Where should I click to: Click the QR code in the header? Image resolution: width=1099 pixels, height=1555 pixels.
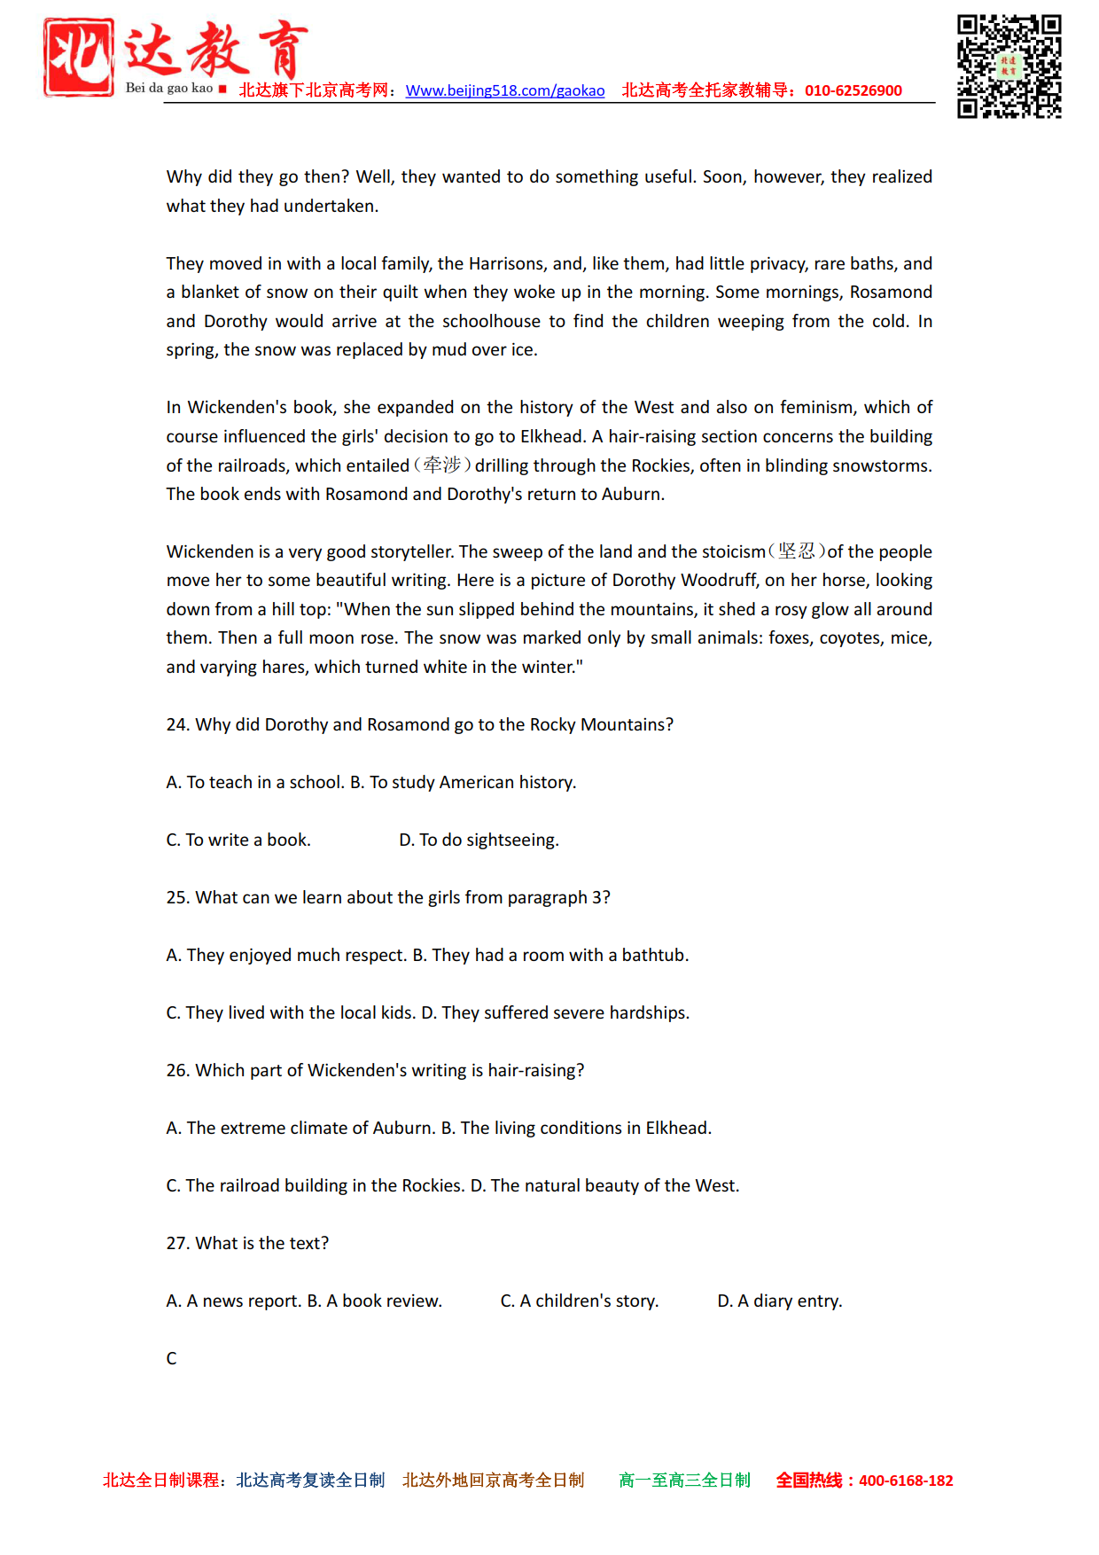[1009, 66]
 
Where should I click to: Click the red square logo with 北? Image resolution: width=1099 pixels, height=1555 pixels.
[79, 57]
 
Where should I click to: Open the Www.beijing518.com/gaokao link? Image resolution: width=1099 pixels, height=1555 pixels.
[504, 90]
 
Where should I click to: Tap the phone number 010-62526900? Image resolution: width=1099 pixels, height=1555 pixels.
[853, 90]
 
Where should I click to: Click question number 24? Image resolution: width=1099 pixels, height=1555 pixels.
[177, 724]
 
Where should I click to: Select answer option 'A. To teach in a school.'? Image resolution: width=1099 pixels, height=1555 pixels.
[255, 782]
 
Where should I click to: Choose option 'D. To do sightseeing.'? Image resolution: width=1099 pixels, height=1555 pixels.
[479, 840]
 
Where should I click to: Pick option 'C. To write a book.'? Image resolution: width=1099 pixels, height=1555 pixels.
[238, 840]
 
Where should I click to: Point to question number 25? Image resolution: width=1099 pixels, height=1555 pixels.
[177, 897]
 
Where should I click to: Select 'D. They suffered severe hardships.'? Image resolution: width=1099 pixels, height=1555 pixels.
[555, 1012]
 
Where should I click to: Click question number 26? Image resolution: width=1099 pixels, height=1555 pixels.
[177, 1070]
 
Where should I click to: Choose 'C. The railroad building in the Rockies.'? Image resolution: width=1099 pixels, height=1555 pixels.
[315, 1185]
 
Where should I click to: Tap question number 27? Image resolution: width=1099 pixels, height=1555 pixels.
[177, 1243]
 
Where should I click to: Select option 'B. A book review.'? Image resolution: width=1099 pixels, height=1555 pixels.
[374, 1301]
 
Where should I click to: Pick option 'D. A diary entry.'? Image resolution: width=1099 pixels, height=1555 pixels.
[779, 1301]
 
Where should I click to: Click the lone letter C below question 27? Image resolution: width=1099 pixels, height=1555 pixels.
[172, 1358]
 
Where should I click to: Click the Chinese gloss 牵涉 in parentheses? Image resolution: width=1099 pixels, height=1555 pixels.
[442, 465]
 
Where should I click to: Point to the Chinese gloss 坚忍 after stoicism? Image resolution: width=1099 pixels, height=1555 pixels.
[796, 551]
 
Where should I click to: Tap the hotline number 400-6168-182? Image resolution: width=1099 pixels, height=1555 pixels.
[905, 1480]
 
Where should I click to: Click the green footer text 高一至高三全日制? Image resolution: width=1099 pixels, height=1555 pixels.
[684, 1480]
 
